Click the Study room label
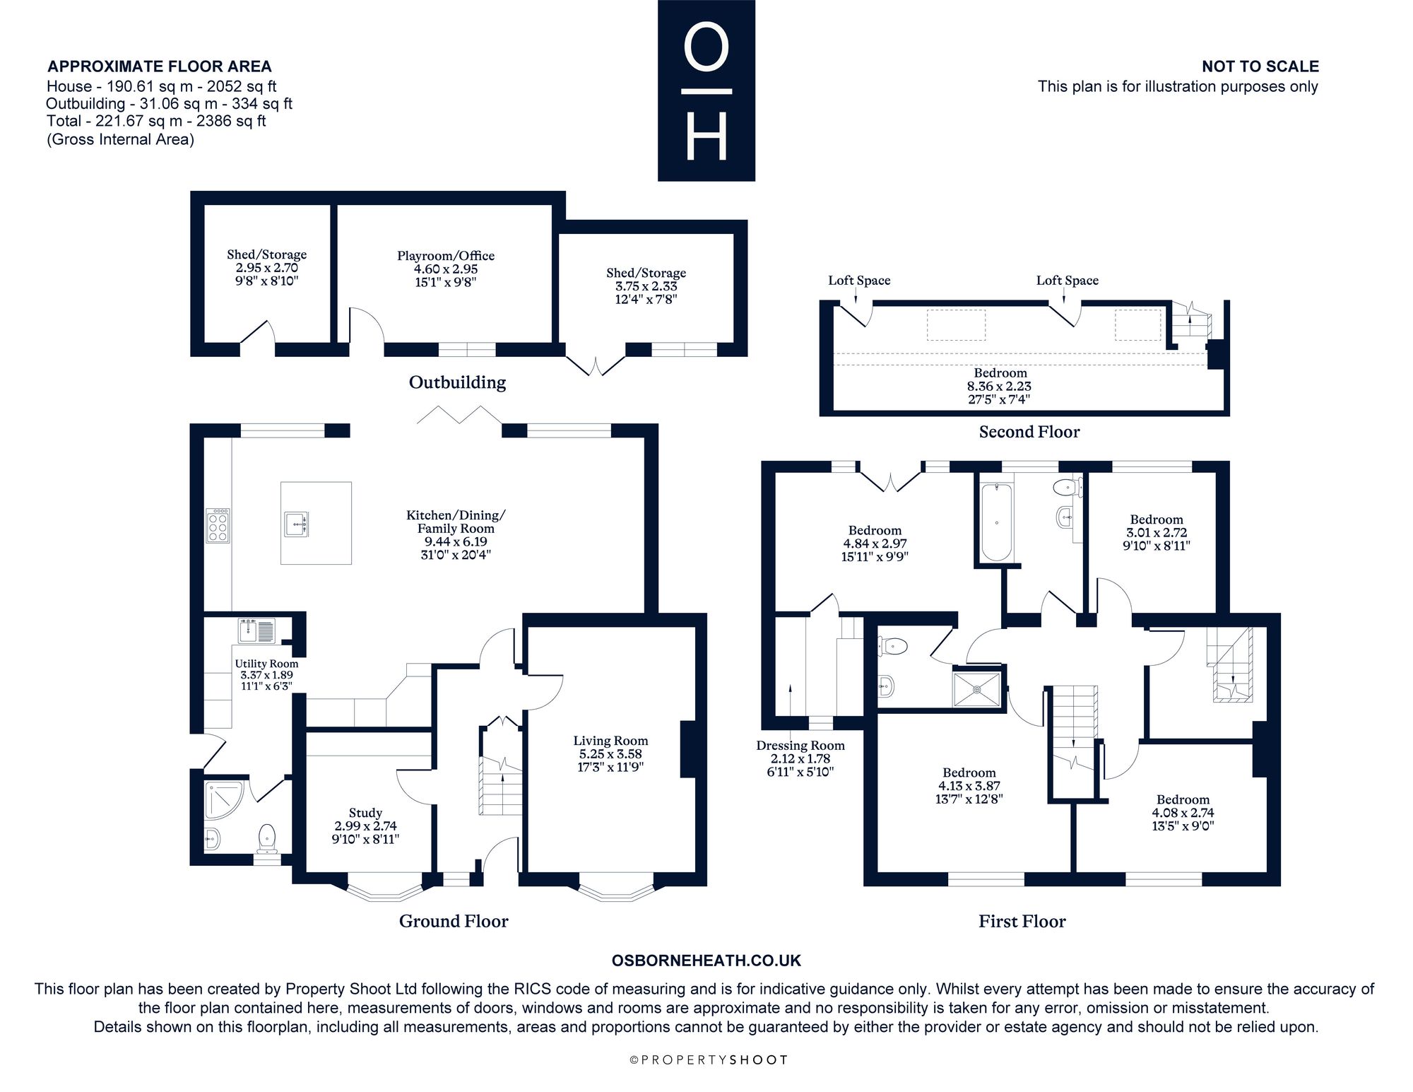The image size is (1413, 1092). tap(365, 813)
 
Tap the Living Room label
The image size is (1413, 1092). tap(610, 741)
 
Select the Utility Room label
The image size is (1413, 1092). tap(266, 664)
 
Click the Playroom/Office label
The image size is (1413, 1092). tap(446, 256)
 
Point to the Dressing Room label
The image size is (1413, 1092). tap(800, 745)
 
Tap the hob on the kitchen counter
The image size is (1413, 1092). tap(218, 525)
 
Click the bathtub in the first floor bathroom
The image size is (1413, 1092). tap(997, 522)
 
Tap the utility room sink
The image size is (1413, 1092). tap(256, 630)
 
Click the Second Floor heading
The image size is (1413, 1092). tap(1029, 432)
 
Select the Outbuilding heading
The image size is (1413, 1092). tap(458, 382)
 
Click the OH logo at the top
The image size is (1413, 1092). tap(706, 90)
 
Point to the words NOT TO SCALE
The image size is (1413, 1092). tap(1260, 66)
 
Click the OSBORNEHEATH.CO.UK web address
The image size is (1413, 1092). tap(706, 961)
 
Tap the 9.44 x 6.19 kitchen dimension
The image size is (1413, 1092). tap(456, 542)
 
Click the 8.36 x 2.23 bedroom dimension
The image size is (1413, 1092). tap(999, 386)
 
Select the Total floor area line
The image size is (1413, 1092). tap(156, 121)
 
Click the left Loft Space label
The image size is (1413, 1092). tap(859, 281)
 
